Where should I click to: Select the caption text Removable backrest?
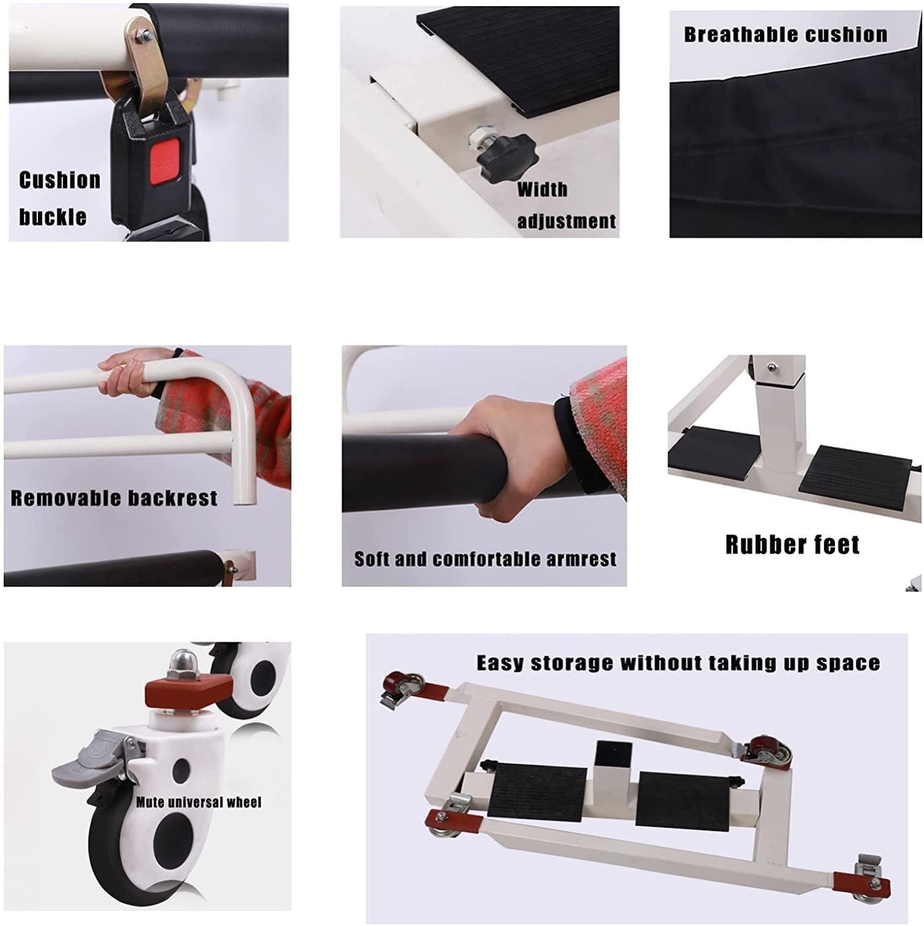[x=114, y=498]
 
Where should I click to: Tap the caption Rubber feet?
[x=792, y=544]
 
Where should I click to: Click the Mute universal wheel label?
[x=199, y=803]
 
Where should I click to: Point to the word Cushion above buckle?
[x=59, y=180]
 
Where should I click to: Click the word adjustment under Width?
[x=566, y=221]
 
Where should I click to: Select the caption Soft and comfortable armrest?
[x=485, y=559]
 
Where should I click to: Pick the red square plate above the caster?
[x=188, y=692]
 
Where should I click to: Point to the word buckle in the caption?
[x=52, y=217]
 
